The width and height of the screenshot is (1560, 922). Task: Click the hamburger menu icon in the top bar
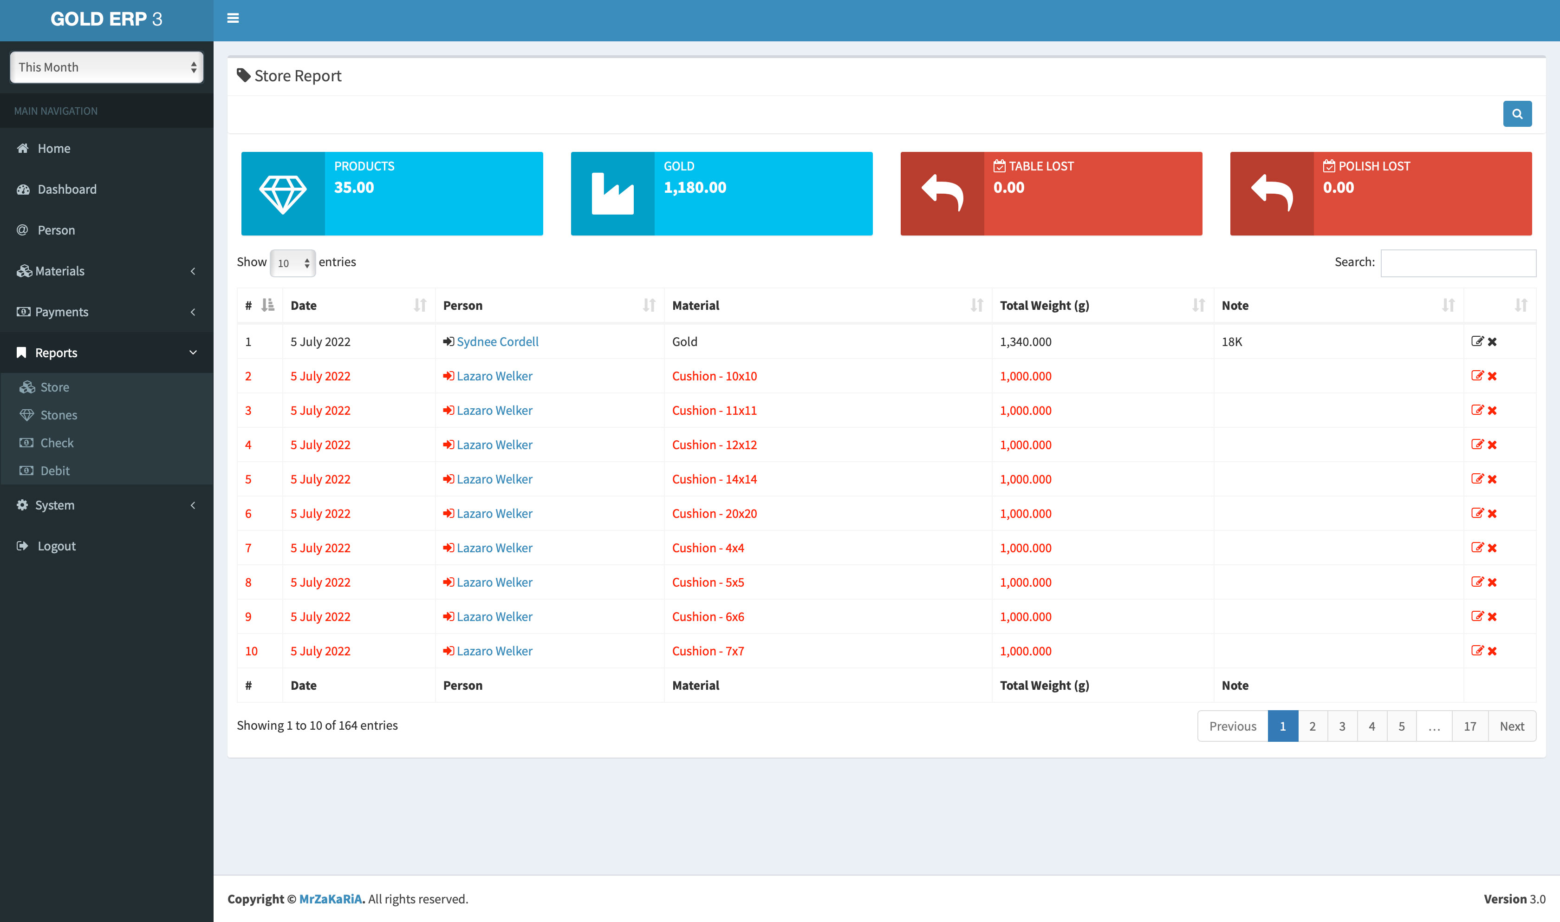(x=233, y=19)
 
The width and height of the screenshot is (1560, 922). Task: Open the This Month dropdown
(x=107, y=67)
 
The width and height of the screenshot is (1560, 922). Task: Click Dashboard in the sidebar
(x=66, y=190)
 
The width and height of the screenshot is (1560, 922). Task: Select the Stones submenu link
(x=58, y=415)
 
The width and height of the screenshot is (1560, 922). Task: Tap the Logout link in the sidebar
(x=57, y=546)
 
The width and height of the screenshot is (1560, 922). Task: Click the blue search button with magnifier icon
(x=1516, y=114)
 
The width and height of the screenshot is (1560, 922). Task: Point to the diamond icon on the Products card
(x=283, y=194)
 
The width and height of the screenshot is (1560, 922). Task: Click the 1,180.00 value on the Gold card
(x=695, y=188)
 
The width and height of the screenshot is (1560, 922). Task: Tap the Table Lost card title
(x=1041, y=166)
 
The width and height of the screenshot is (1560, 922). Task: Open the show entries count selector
(x=292, y=263)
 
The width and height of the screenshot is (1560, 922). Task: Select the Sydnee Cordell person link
(x=497, y=342)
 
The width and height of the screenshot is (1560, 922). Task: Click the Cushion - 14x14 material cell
(x=714, y=479)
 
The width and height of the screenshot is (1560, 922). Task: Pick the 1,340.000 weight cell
(x=1025, y=342)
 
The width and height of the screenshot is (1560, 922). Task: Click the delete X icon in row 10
(x=1492, y=651)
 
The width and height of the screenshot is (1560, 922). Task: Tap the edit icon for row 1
(x=1477, y=341)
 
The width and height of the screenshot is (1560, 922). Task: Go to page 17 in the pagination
(x=1469, y=726)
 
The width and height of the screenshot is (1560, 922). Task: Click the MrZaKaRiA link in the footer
(x=331, y=899)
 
